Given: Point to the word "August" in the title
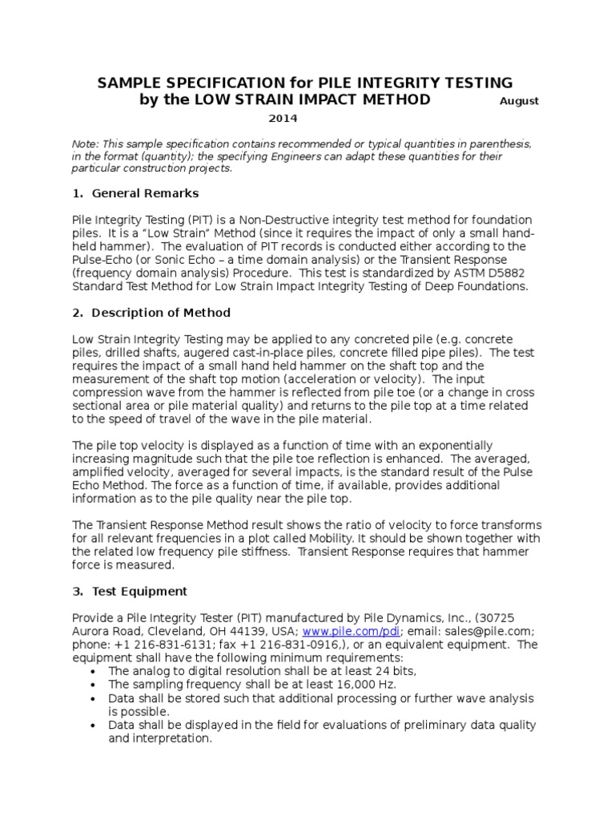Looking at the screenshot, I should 519,101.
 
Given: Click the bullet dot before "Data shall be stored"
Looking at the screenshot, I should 95,698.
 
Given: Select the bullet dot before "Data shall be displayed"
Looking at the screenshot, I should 95,725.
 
